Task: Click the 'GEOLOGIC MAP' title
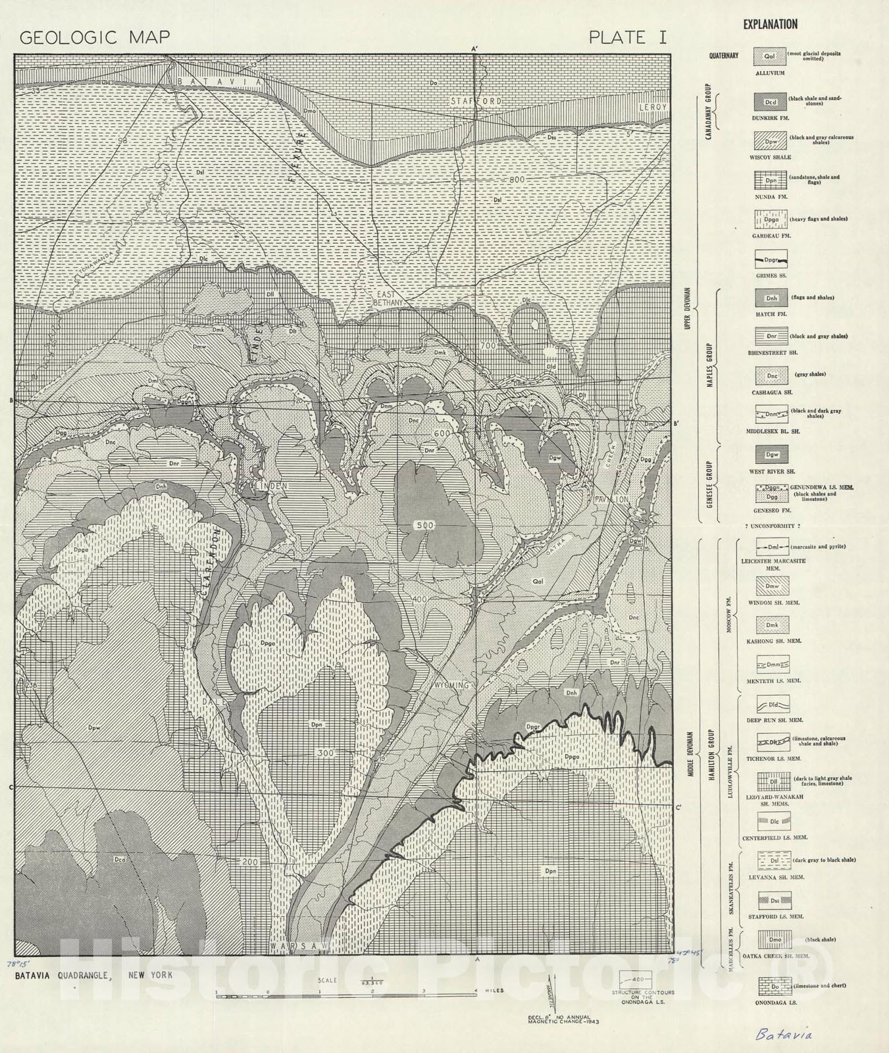(x=95, y=37)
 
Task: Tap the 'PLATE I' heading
(x=627, y=38)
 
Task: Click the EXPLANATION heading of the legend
(x=770, y=24)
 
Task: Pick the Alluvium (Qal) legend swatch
(x=770, y=57)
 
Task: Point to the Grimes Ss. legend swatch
(x=771, y=259)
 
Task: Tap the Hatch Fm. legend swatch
(x=771, y=298)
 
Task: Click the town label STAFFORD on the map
(x=476, y=101)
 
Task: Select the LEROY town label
(x=652, y=107)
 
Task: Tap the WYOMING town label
(x=451, y=685)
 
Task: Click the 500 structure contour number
(x=424, y=525)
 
